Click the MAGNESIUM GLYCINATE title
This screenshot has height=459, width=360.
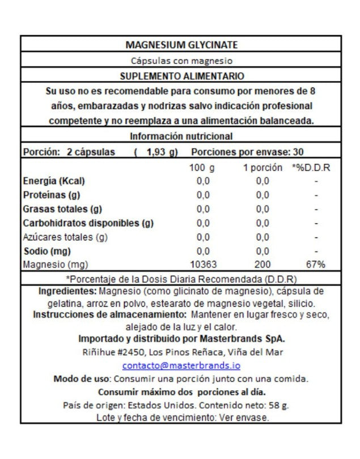[181, 45]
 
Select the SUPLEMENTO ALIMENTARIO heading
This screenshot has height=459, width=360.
[181, 75]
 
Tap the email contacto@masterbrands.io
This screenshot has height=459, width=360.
[181, 365]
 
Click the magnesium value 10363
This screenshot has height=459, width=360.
[203, 265]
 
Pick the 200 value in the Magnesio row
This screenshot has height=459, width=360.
[262, 265]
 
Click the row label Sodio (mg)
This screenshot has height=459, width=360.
[46, 251]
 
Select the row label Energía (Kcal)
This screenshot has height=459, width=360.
[54, 181]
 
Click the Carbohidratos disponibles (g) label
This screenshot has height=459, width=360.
[88, 223]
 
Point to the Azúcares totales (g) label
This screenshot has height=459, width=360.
[65, 237]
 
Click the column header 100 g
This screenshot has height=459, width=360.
[202, 168]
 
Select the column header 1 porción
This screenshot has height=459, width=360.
[262, 168]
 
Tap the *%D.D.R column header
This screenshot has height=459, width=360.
[311, 168]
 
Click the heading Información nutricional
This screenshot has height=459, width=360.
[181, 137]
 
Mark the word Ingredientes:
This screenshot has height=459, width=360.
[67, 291]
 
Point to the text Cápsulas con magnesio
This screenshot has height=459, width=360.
[181, 61]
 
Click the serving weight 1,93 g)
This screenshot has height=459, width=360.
[162, 152]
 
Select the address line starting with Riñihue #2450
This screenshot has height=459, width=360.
[181, 352]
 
